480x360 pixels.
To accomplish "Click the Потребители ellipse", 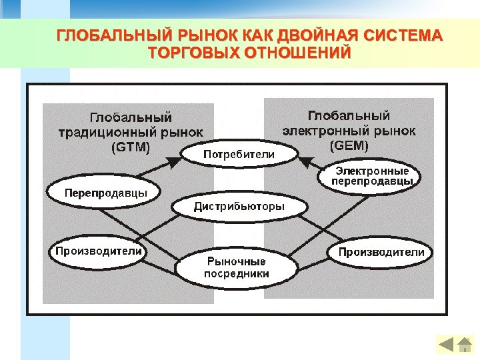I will click(x=239, y=154).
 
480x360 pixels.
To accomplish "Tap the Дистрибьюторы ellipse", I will click(x=239, y=207).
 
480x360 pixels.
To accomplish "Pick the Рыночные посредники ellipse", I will click(x=236, y=267).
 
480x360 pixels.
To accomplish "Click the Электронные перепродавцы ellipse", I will click(x=372, y=177).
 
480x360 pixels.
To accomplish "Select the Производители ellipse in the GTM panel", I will click(x=98, y=251).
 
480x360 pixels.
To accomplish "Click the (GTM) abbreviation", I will click(x=130, y=147).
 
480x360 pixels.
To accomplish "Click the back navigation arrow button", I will click(x=446, y=345).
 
